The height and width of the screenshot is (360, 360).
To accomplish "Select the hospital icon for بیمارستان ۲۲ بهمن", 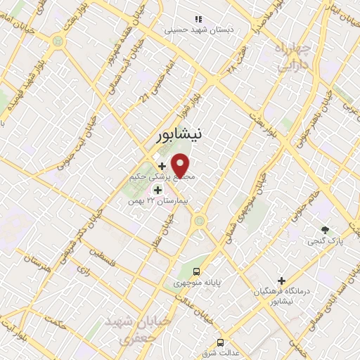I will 157,190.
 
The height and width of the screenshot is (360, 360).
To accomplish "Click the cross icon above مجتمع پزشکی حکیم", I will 162,166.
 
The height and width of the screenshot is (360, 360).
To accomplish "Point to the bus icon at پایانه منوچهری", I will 197,271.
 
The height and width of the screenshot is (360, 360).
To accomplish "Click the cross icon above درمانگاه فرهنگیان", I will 281,281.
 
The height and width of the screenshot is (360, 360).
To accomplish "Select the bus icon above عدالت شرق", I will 221,342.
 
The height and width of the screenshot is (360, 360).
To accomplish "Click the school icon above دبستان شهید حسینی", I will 198,19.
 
